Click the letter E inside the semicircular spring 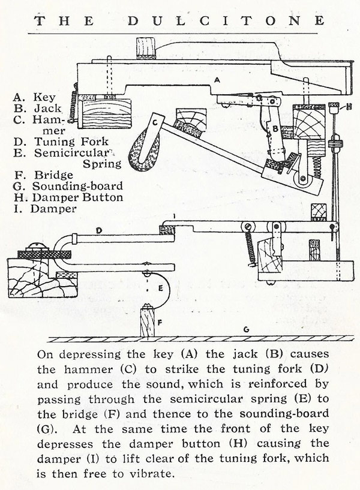[160, 287]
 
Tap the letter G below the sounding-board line [245, 329]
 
